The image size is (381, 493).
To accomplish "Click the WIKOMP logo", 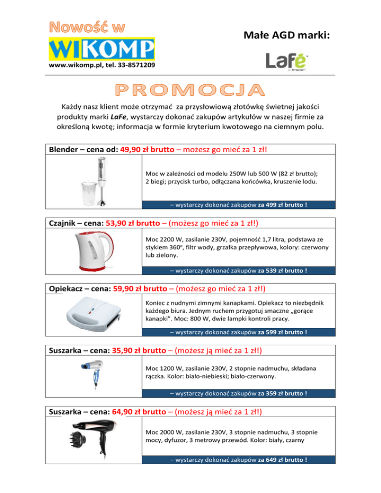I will pyautogui.click(x=102, y=49).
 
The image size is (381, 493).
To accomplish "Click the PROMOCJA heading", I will pyautogui.click(x=190, y=90).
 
